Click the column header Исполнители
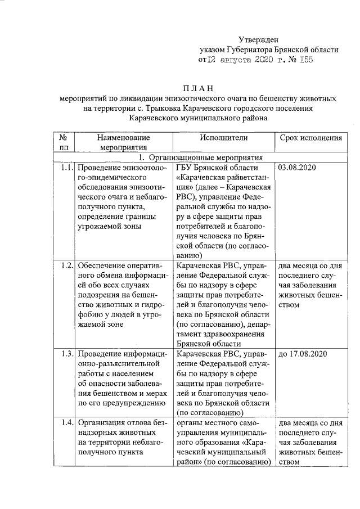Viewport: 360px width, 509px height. (x=223, y=137)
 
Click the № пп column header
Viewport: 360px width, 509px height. (x=64, y=142)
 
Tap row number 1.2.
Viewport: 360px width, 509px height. (x=66, y=265)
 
